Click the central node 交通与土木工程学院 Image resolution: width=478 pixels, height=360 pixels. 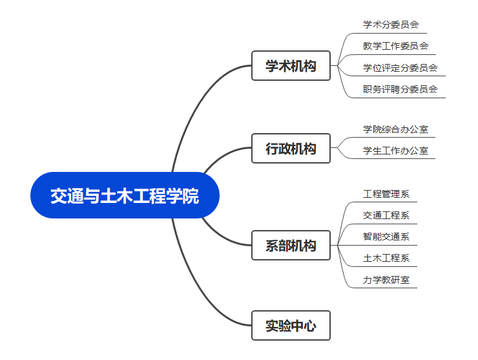pos(125,195)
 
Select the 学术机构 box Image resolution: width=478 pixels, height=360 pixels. pos(291,66)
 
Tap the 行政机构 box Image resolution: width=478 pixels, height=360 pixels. pos(291,149)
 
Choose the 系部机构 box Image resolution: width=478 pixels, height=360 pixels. pos(291,246)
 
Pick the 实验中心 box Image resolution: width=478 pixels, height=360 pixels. pos(291,326)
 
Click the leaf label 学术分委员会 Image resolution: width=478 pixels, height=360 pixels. pos(391,25)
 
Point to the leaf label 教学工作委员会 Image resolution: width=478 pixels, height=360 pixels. pos(395,46)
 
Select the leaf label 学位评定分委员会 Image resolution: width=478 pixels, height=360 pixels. pos(400,67)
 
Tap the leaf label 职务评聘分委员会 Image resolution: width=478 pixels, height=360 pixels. pos(400,89)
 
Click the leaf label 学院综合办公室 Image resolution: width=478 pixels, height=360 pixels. pos(395,129)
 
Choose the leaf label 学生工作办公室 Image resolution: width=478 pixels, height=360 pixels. pos(395,151)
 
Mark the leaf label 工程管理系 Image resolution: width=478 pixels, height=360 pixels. pos(386,194)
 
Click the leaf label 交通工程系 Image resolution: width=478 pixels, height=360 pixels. pos(386,215)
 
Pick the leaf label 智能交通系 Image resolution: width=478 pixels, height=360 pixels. pos(386,237)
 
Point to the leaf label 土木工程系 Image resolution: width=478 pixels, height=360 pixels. pos(386,258)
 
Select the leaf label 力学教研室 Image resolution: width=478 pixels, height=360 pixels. pos(386,280)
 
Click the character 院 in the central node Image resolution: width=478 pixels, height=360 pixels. pos(191,196)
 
